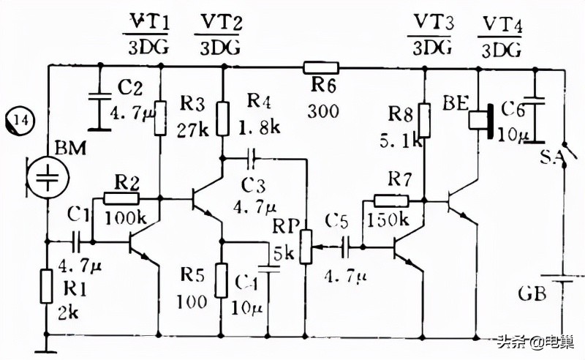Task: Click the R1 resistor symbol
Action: pyautogui.click(x=48, y=285)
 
